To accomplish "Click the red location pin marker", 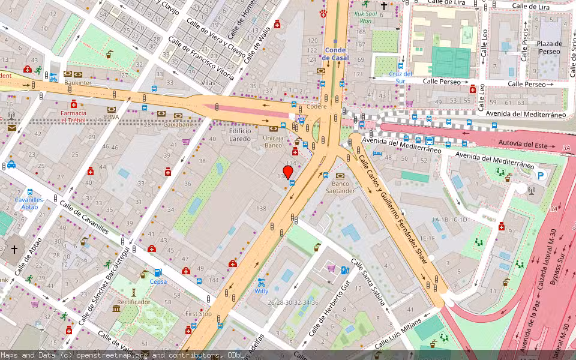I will pyautogui.click(x=288, y=171).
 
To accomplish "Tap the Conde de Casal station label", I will pyautogui.click(x=335, y=53).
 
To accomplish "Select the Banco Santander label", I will pyautogui.click(x=340, y=187).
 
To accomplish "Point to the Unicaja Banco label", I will pyautogui.click(x=273, y=141).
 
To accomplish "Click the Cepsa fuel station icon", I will pyautogui.click(x=158, y=272).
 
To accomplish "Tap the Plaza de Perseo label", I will pyautogui.click(x=549, y=47).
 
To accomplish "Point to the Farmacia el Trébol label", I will pyautogui.click(x=73, y=116).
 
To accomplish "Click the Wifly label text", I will pyautogui.click(x=261, y=290).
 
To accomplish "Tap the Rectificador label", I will pyautogui.click(x=133, y=302).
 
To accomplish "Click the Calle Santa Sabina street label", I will pyautogui.click(x=367, y=281).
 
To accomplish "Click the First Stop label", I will pyautogui.click(x=198, y=314).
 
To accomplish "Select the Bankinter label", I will pyautogui.click(x=77, y=82).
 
